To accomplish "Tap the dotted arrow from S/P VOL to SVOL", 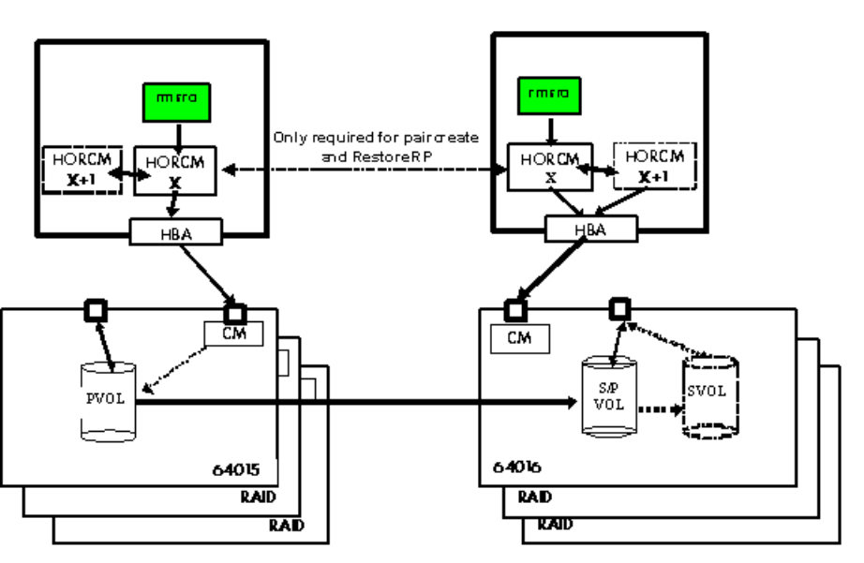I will pyautogui.click(x=662, y=408).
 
